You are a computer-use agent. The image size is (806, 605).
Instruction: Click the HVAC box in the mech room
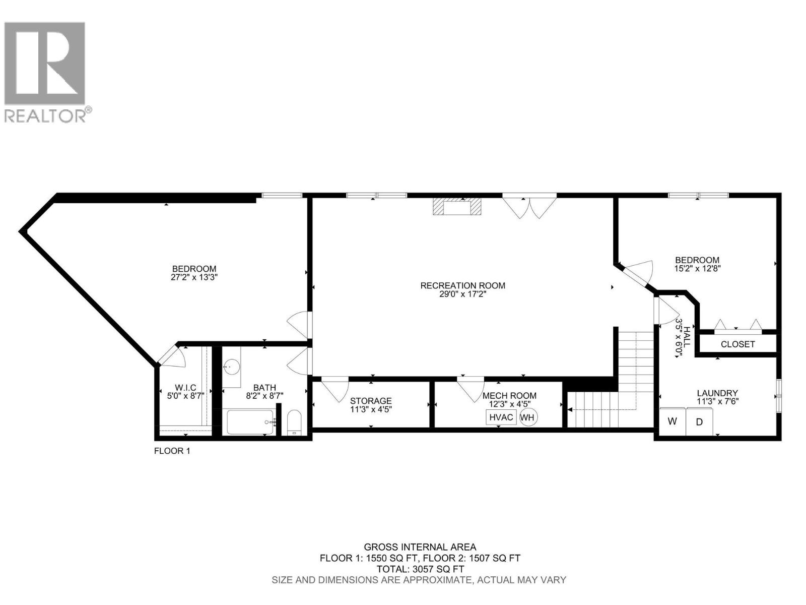[x=501, y=417]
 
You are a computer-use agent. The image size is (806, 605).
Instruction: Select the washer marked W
[x=673, y=421]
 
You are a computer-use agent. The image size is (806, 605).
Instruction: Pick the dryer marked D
[x=699, y=422]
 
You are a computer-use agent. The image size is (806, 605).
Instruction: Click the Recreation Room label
[x=462, y=285]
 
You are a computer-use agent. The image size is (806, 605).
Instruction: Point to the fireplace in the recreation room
[x=456, y=207]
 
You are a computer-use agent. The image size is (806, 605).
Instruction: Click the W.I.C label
[x=185, y=387]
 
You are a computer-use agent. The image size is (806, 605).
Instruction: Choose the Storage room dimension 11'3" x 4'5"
[x=371, y=409]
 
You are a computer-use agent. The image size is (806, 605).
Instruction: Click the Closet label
[x=737, y=344]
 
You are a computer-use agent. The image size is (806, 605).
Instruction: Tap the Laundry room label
[x=717, y=393]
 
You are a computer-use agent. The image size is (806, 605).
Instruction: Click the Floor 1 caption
[x=172, y=451]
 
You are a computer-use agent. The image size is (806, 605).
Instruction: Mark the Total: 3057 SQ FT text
[x=420, y=569]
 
